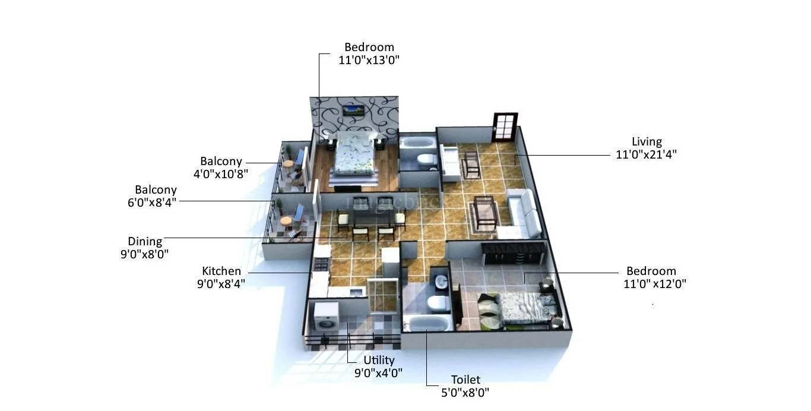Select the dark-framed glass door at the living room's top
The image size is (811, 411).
coord(505,127)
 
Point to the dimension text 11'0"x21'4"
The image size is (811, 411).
coord(647,154)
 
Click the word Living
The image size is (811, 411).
coord(647,142)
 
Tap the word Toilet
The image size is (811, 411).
coord(465,380)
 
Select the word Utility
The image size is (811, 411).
coord(379,360)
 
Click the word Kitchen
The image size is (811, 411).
coord(221,271)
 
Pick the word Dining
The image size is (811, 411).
coord(145,241)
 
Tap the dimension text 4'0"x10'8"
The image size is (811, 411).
coord(220,174)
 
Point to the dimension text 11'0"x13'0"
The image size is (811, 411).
coord(369,60)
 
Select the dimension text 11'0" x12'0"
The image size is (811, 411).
coord(655,284)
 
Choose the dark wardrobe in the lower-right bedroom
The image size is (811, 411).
coord(513,254)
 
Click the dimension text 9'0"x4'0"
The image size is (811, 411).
coord(379,373)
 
